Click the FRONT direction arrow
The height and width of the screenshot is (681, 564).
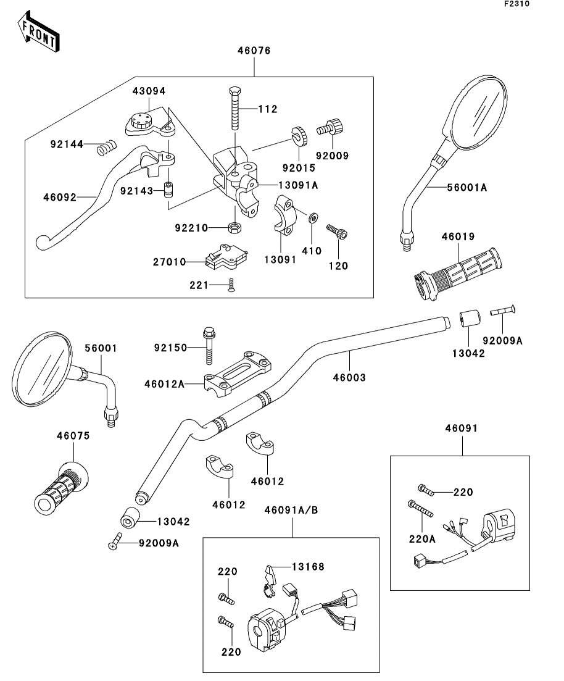click(x=39, y=32)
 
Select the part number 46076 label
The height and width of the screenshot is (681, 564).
click(x=253, y=51)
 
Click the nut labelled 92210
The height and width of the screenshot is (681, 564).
click(x=234, y=227)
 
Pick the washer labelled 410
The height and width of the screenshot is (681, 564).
click(x=313, y=217)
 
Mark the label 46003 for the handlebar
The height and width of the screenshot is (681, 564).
click(x=349, y=376)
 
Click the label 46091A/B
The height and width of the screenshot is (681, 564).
click(x=291, y=510)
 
